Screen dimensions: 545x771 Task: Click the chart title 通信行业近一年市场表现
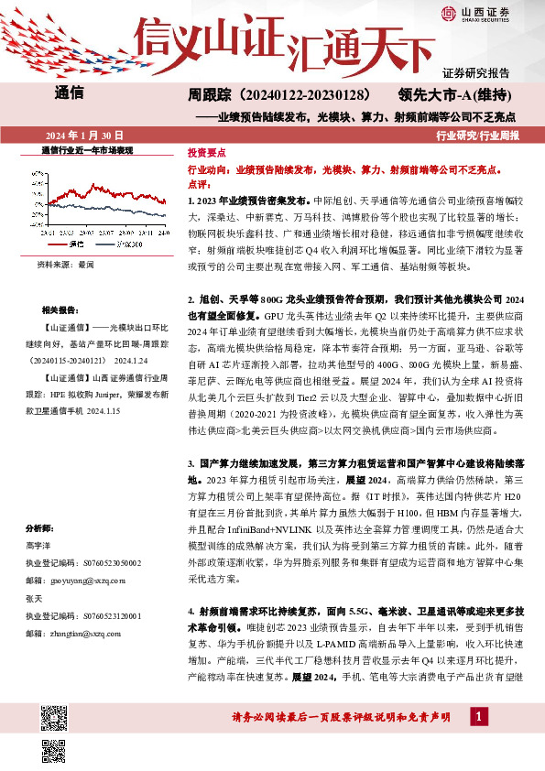88,150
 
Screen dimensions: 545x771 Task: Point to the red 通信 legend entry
73,246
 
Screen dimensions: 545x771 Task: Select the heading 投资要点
206,154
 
